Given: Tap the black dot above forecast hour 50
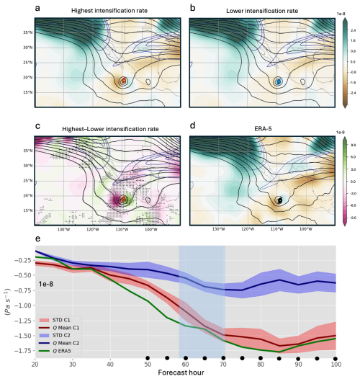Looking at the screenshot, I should (x=148, y=357).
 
